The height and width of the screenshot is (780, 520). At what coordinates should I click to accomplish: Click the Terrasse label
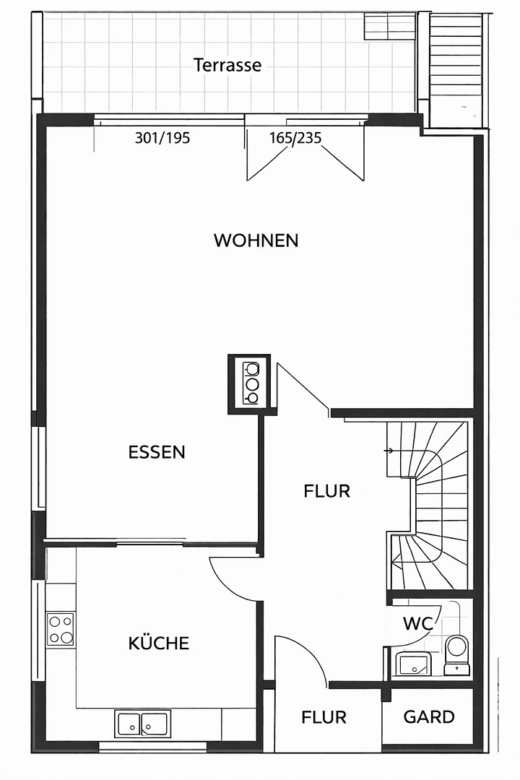pyautogui.click(x=227, y=65)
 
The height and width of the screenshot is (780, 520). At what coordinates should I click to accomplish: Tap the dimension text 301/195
pyautogui.click(x=162, y=138)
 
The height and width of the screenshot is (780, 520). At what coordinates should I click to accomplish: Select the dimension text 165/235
pyautogui.click(x=295, y=138)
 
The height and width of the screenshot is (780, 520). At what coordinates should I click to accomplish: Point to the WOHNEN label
pyautogui.click(x=256, y=240)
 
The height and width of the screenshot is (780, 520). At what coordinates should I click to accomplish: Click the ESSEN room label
pyautogui.click(x=157, y=452)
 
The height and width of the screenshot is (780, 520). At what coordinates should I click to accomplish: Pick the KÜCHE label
pyautogui.click(x=159, y=643)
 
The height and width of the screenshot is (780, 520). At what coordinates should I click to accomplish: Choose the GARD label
pyautogui.click(x=429, y=717)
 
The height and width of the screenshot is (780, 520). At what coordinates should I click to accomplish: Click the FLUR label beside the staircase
pyautogui.click(x=326, y=492)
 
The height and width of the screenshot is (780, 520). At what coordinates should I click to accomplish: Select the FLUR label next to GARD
pyautogui.click(x=324, y=718)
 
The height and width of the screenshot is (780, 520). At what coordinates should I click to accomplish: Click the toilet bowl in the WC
pyautogui.click(x=456, y=649)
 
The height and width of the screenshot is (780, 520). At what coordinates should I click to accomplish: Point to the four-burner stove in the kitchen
pyautogui.click(x=61, y=628)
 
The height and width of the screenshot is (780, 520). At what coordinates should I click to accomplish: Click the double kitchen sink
pyautogui.click(x=142, y=723)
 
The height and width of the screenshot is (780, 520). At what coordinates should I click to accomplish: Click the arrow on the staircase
pyautogui.click(x=389, y=451)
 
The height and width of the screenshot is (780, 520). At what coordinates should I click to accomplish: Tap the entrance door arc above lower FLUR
pyautogui.click(x=303, y=654)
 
